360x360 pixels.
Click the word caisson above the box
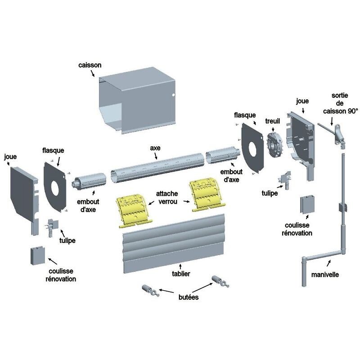pos(89,65)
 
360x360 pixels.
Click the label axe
pos(155,148)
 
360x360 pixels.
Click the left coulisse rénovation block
pos(36,256)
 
